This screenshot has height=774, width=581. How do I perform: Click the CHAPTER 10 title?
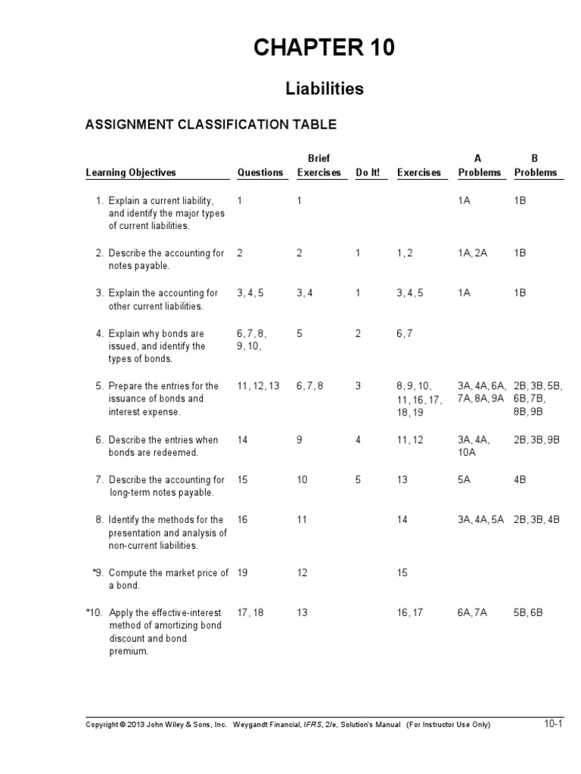pyautogui.click(x=324, y=48)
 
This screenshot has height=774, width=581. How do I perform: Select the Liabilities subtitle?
pyautogui.click(x=325, y=88)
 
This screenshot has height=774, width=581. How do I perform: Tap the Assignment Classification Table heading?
pyautogui.click(x=211, y=124)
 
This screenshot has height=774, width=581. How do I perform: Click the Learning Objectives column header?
pyautogui.click(x=131, y=172)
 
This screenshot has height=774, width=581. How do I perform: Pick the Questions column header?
pyautogui.click(x=260, y=172)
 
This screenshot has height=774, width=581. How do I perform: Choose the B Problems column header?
pyautogui.click(x=536, y=166)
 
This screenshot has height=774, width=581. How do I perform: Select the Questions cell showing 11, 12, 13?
pyautogui.click(x=258, y=385)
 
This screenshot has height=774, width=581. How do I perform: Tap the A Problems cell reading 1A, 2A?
pyautogui.click(x=472, y=253)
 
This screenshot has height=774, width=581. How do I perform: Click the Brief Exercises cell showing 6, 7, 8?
pyautogui.click(x=310, y=385)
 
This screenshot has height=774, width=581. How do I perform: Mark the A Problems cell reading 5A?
pyautogui.click(x=464, y=480)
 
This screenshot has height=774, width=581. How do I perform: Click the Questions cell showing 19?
pyautogui.click(x=242, y=573)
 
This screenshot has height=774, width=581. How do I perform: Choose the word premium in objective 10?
pyautogui.click(x=126, y=652)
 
